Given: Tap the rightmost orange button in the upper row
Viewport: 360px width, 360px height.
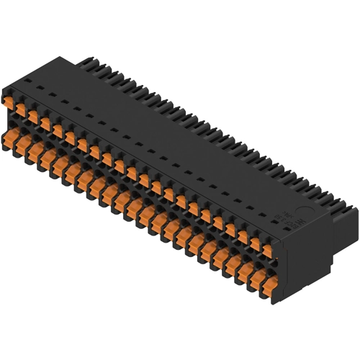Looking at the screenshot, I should [267, 251].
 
